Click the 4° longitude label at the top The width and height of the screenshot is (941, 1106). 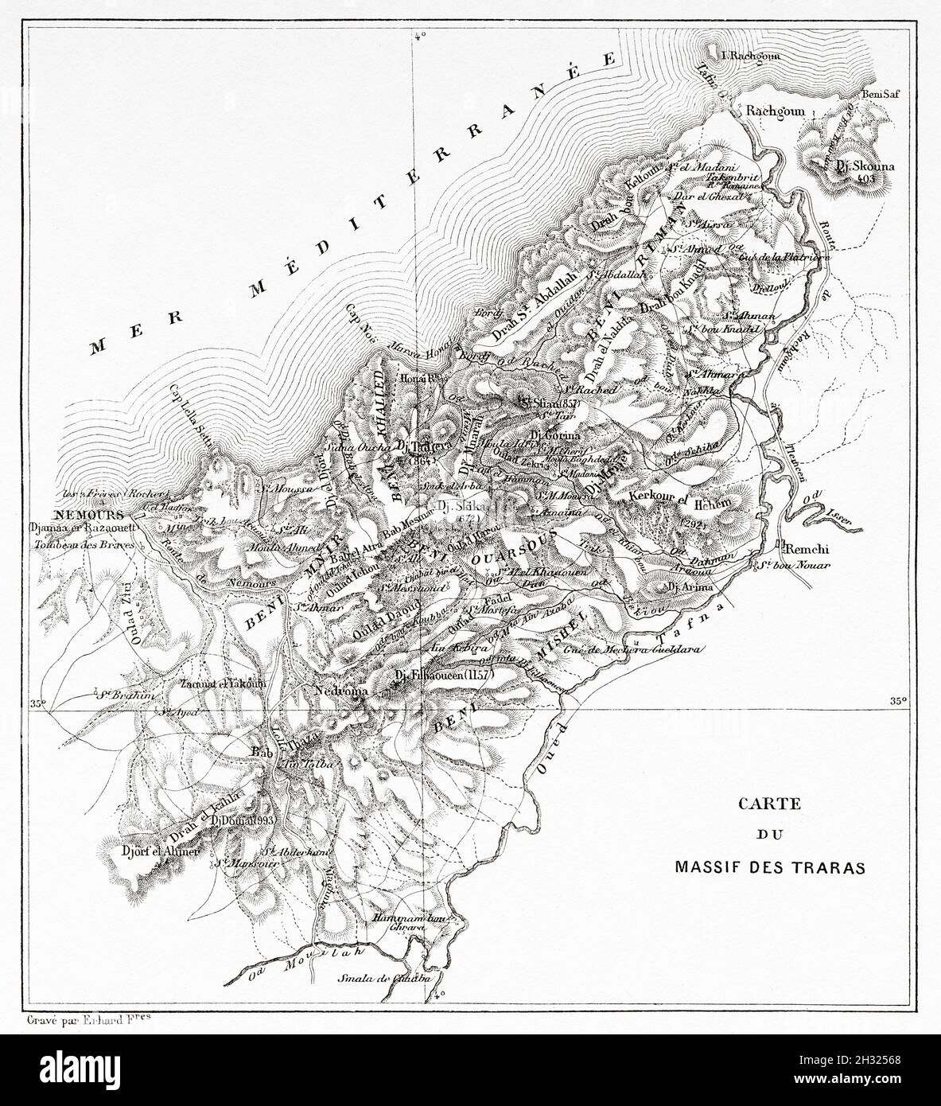click(421, 34)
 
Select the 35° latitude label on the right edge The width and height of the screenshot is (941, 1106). click(898, 701)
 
